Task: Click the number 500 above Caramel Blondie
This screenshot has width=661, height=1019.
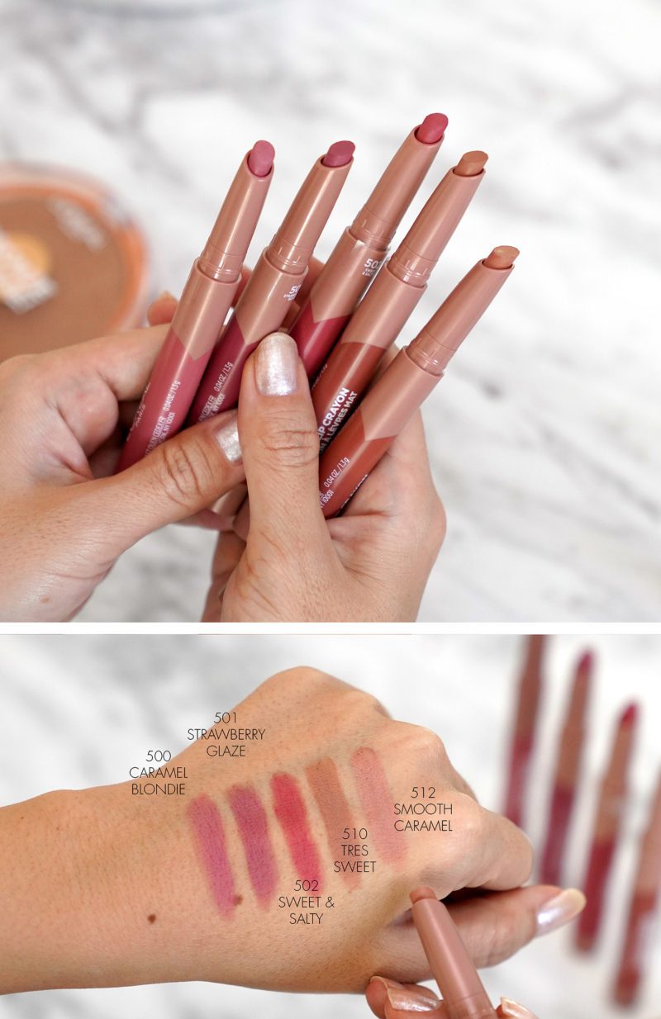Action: pyautogui.click(x=158, y=756)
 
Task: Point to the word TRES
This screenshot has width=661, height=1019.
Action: pyautogui.click(x=354, y=851)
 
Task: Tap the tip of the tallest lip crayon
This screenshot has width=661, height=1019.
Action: pyautogui.click(x=431, y=127)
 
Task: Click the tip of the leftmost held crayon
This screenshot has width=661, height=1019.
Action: pyautogui.click(x=261, y=157)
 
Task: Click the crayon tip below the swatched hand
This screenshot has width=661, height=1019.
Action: pyautogui.click(x=424, y=895)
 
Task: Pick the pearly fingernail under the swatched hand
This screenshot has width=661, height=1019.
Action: pyautogui.click(x=560, y=909)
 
